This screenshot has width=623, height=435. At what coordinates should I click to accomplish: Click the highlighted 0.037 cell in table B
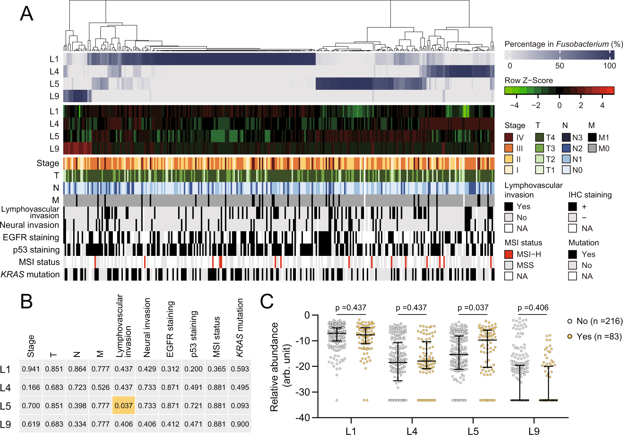[124, 405]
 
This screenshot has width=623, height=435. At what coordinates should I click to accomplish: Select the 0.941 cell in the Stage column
[31, 369]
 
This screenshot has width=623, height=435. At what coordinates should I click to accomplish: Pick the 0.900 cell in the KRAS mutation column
[240, 424]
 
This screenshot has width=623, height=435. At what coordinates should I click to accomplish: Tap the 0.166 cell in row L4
[31, 387]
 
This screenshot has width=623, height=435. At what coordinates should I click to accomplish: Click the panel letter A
[27, 14]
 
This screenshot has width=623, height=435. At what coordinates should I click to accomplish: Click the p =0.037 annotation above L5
[473, 308]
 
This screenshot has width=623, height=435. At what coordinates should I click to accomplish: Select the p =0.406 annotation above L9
[533, 308]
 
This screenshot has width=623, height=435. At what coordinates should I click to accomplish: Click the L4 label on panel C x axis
[412, 431]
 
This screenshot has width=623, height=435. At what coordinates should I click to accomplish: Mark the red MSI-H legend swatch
[509, 254]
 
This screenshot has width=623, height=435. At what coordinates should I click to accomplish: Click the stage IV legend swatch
[509, 137]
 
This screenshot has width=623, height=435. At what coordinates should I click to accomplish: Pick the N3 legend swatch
[566, 137]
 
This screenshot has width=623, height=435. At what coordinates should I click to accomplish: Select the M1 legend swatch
[592, 137]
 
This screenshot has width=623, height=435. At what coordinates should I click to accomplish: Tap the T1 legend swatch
[539, 170]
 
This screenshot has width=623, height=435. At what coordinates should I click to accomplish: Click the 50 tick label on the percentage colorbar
[559, 66]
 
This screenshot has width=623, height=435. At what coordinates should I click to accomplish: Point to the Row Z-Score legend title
[528, 81]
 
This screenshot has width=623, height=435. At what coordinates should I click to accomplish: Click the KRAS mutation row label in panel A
[30, 274]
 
